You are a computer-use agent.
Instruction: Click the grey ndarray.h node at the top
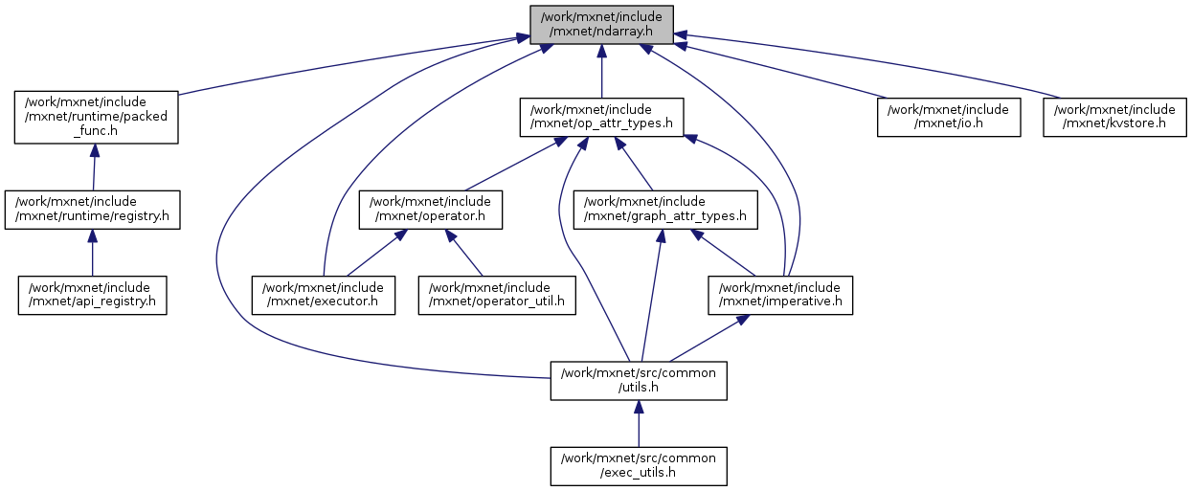click(x=601, y=24)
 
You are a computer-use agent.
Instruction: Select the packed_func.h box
click(x=97, y=118)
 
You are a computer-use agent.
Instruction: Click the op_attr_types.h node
click(x=601, y=117)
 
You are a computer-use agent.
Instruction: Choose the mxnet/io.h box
click(x=949, y=117)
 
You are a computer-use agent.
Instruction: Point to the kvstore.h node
click(x=1114, y=117)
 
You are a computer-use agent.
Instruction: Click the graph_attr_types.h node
click(x=665, y=210)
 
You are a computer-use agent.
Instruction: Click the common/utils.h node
click(x=639, y=380)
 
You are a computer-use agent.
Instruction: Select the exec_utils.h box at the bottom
click(x=639, y=466)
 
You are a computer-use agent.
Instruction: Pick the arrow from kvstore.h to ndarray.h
click(x=862, y=61)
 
